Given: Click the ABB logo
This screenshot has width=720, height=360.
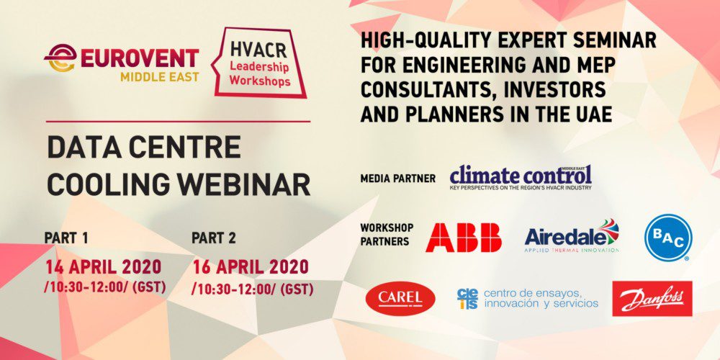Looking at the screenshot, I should click(x=463, y=237).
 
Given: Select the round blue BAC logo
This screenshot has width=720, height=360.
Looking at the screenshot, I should click(x=668, y=238).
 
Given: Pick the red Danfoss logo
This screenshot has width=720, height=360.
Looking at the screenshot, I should click(x=652, y=298).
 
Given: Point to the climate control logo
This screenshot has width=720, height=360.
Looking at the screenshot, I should click(x=521, y=176).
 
